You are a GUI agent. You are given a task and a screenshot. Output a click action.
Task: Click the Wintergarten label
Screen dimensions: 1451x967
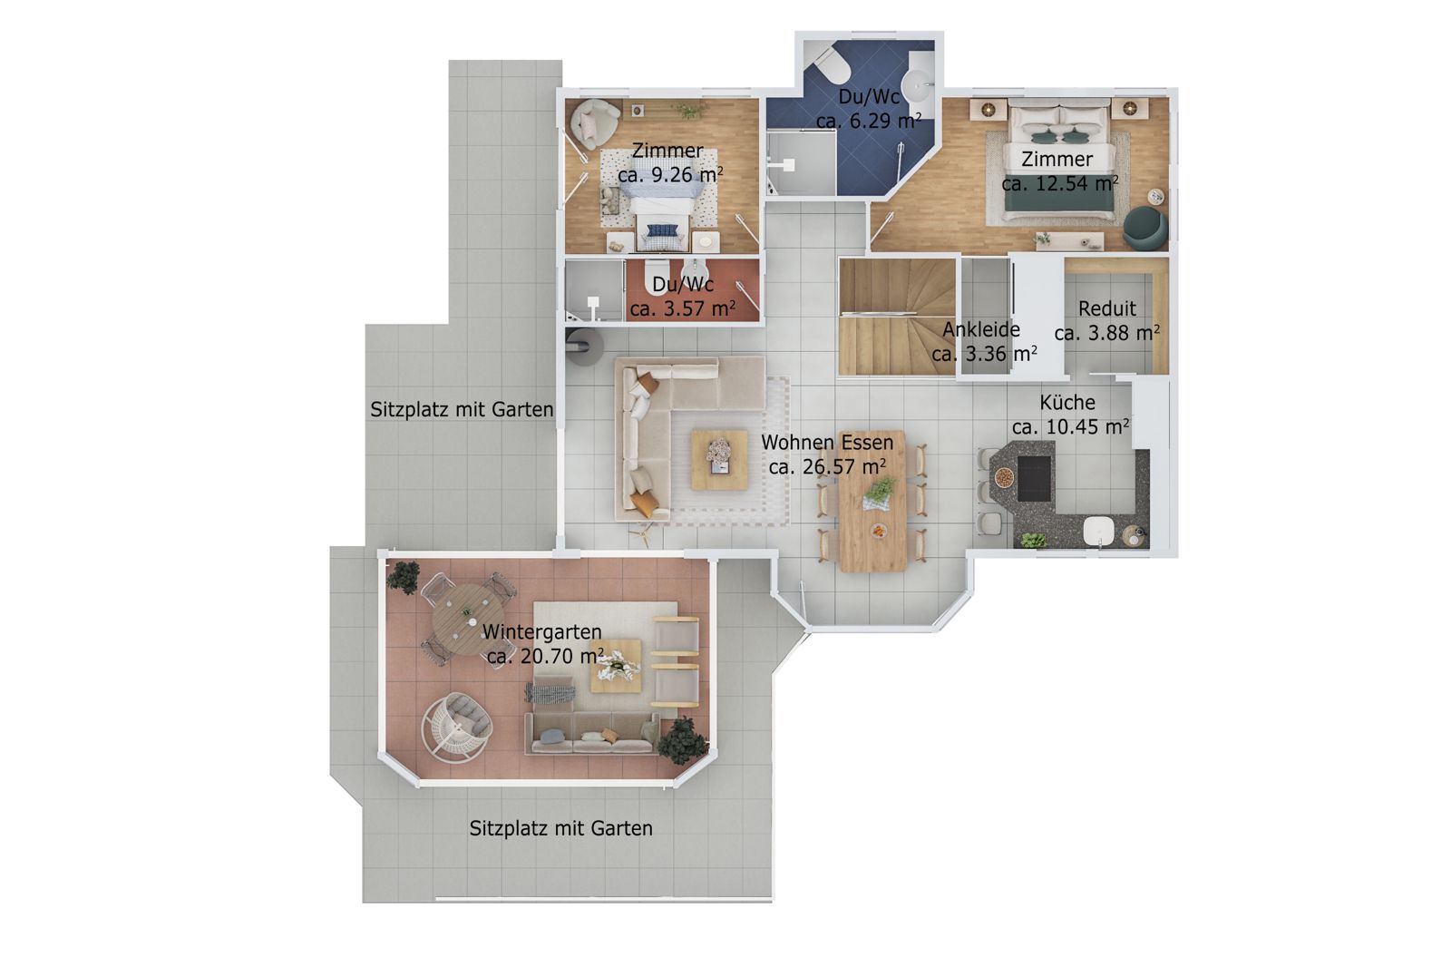click(541, 631)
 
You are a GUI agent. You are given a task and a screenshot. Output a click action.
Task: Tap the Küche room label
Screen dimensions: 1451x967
click(1067, 403)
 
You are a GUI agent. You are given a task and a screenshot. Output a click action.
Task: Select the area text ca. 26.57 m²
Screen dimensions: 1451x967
click(828, 466)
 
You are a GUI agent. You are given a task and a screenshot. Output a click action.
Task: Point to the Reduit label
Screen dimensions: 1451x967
click(1107, 308)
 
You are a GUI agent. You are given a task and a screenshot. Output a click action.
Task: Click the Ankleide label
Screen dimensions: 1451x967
click(980, 330)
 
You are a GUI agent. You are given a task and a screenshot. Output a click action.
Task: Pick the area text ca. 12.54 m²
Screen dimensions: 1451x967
click(1060, 183)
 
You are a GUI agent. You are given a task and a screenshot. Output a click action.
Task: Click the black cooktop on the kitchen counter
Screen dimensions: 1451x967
click(1034, 478)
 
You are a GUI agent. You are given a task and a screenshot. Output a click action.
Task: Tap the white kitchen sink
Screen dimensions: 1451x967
click(1098, 530)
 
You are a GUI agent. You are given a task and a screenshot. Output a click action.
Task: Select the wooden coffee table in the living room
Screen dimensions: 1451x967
click(720, 460)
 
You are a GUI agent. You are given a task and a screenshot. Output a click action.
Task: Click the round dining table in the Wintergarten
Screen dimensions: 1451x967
click(468, 619)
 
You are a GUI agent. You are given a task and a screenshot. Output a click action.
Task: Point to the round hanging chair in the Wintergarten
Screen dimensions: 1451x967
click(456, 728)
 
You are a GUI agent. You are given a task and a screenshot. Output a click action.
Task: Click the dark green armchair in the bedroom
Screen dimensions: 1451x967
click(1144, 227)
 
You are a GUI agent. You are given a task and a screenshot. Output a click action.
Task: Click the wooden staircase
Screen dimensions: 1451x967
click(897, 317)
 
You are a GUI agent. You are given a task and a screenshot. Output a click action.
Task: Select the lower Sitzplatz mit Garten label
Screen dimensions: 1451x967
click(561, 828)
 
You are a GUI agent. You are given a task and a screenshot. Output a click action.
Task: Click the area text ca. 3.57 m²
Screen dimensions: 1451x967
click(683, 308)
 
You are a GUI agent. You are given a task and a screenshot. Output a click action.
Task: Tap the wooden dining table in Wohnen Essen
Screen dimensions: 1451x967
click(872, 501)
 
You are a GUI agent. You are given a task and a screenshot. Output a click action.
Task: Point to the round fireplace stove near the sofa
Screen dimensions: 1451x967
click(585, 347)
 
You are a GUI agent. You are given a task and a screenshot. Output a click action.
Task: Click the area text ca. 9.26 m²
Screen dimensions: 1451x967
click(670, 174)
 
